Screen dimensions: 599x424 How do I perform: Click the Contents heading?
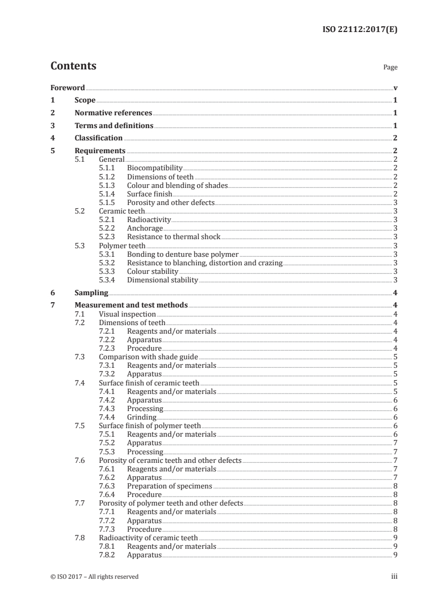[x=73, y=67]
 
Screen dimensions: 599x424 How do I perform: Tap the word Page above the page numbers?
[x=390, y=68]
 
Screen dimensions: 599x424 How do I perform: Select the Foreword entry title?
[x=67, y=88]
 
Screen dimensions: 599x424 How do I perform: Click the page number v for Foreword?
[x=395, y=88]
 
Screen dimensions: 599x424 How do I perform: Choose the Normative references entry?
[x=113, y=113]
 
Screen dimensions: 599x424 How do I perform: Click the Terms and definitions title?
[x=113, y=126]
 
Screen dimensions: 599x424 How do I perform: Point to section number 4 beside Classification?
[x=52, y=138]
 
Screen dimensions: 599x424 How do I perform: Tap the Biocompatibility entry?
[x=155, y=168]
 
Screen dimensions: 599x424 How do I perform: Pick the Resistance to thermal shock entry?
[x=173, y=237]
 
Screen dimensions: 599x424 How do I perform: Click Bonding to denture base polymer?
[x=182, y=254]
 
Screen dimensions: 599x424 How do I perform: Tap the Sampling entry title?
[x=91, y=293]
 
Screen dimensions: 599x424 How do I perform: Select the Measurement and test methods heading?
[x=131, y=305]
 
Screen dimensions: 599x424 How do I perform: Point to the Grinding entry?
[x=142, y=417]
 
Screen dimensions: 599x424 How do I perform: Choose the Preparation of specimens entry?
[x=169, y=486]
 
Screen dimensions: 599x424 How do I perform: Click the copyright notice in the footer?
[x=94, y=577]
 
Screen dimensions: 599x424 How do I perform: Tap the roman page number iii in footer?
[x=394, y=577]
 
